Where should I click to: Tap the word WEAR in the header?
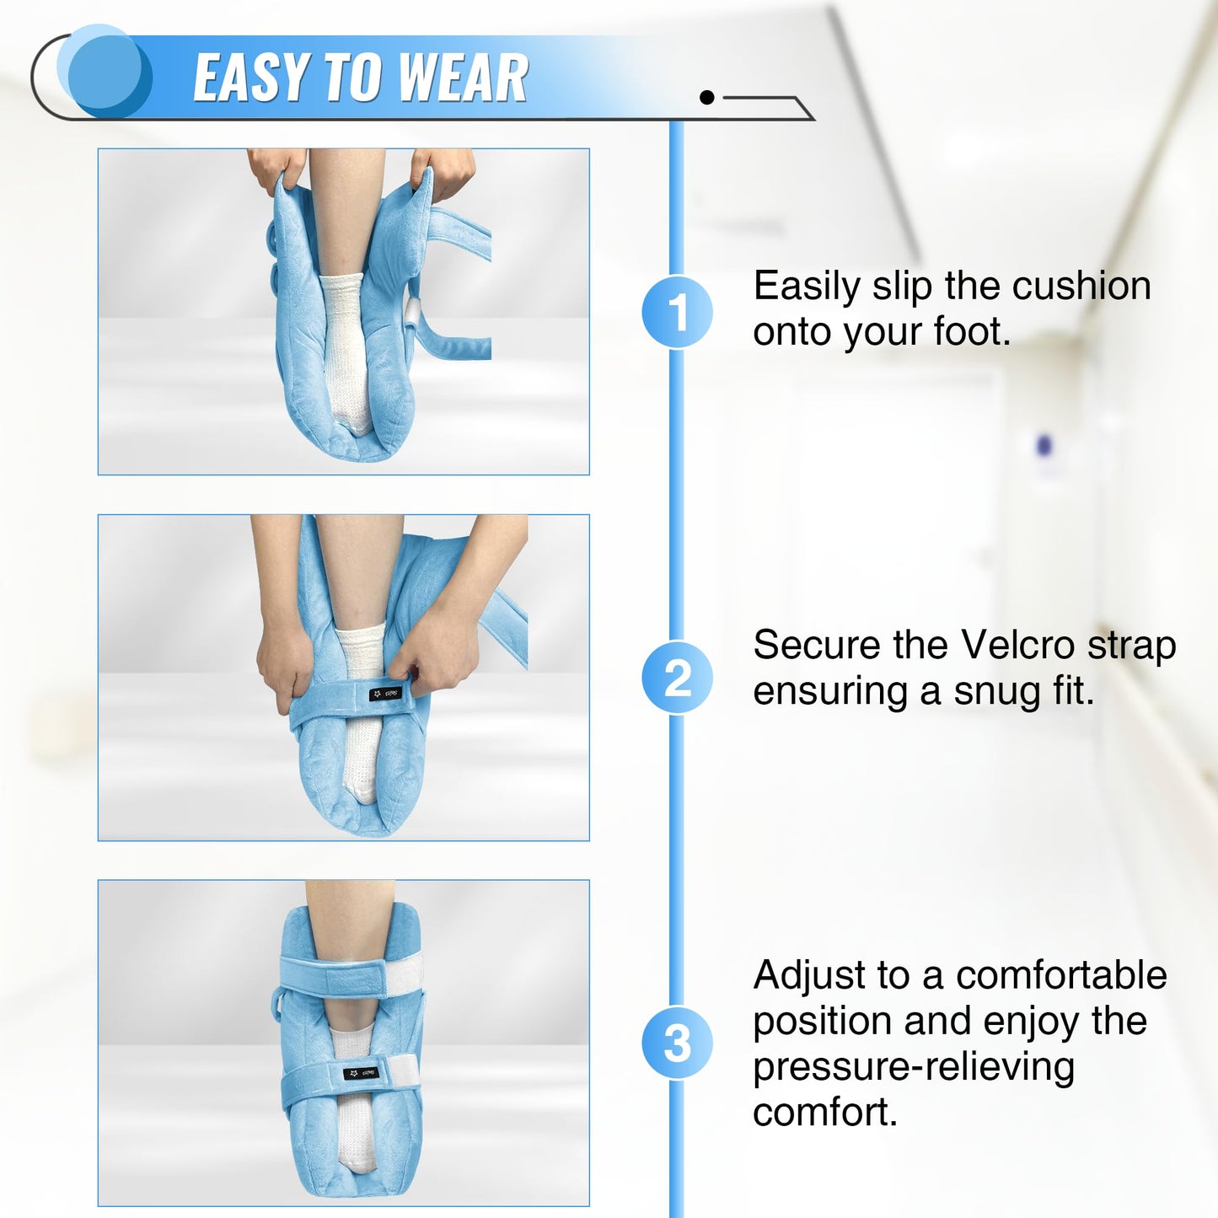click(463, 78)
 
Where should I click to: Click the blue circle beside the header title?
click(105, 71)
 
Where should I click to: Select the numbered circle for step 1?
click(677, 312)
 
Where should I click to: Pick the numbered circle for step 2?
click(677, 678)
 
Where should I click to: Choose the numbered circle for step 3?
click(677, 1043)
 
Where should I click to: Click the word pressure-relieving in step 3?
click(914, 1067)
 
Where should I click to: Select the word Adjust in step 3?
click(809, 976)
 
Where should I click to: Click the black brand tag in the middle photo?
click(385, 694)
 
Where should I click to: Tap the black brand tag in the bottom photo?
click(360, 1073)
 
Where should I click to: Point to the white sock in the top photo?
click(346, 346)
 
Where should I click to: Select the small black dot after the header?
click(707, 98)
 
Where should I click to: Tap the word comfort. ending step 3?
click(825, 1113)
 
